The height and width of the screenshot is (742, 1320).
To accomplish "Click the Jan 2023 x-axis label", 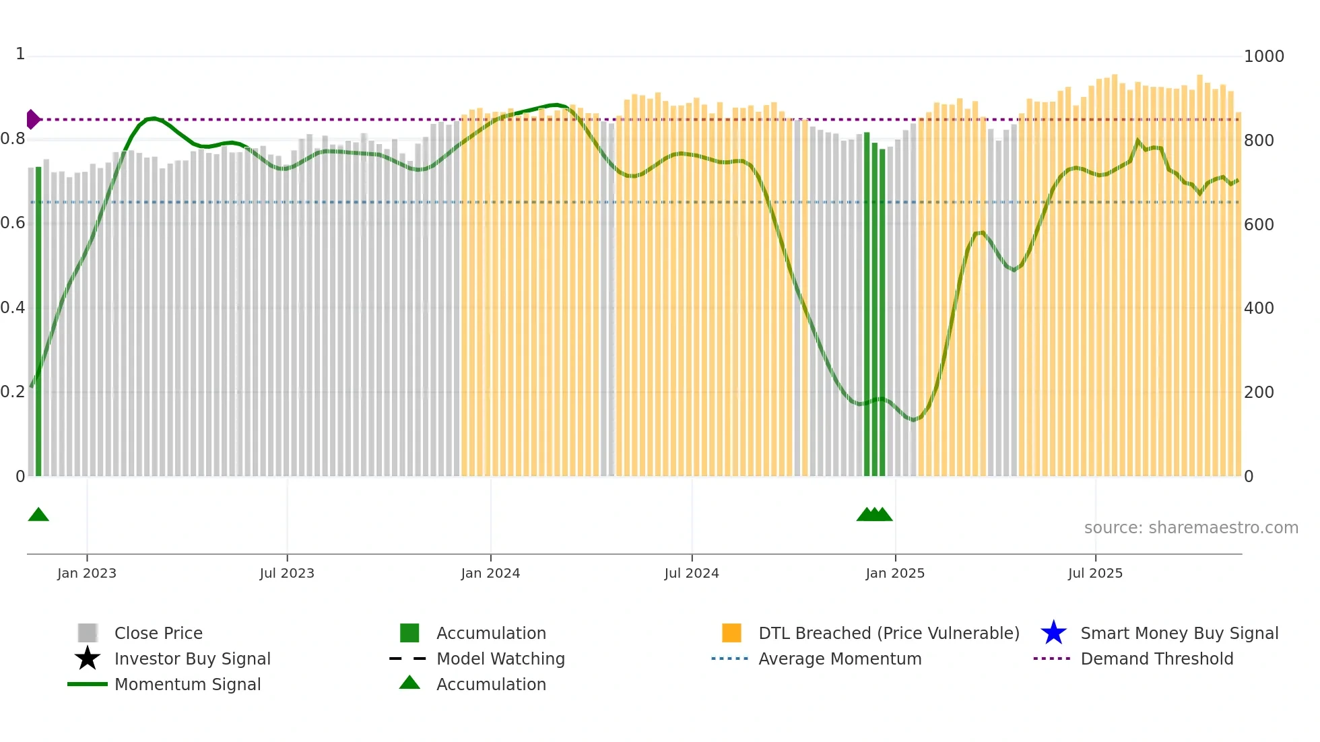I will point(87,573).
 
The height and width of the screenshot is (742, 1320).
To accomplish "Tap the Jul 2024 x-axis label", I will point(692,573).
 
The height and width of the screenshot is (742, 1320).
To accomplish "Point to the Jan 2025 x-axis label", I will point(895,573).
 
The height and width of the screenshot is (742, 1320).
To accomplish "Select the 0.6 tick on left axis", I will point(13,223).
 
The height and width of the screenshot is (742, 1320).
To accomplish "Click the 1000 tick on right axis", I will point(1263,57).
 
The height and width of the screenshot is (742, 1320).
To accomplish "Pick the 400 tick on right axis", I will point(1259,308).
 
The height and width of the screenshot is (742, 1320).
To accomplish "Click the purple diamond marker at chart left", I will point(32,119).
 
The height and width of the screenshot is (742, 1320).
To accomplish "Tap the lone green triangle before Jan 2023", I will point(38,515).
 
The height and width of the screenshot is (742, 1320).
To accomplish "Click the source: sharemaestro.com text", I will point(1191,528).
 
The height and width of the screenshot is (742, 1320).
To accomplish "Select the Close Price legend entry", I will point(158,633).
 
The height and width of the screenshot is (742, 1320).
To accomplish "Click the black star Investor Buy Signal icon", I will point(88,659).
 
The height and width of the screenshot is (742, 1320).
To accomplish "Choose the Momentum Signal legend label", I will point(187,684).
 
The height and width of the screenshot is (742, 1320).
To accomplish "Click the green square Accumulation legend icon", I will point(409,633).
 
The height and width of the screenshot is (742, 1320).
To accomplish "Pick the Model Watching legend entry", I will point(500,659).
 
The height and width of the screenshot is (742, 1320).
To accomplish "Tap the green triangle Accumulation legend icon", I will point(409,683).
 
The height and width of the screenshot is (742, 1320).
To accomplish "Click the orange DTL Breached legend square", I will point(731,633).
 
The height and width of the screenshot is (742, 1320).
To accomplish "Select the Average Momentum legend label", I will point(840,659).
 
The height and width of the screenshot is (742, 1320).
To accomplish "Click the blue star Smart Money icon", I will point(1053,633).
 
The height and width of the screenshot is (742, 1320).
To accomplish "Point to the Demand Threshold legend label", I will point(1157,659).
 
